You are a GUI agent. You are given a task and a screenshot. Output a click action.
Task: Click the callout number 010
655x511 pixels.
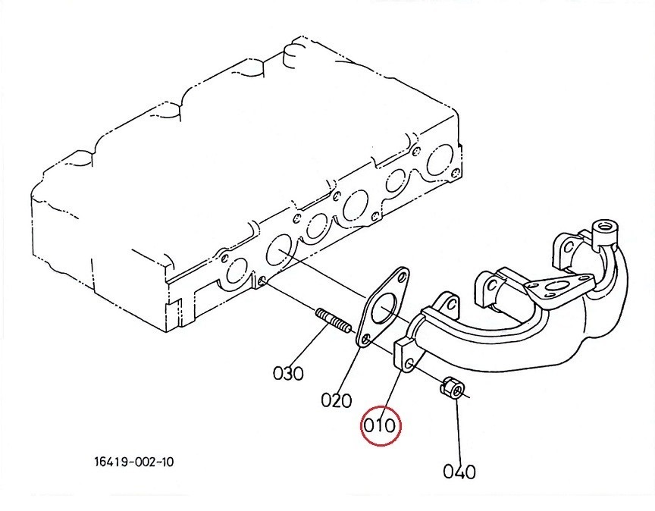click(380, 426)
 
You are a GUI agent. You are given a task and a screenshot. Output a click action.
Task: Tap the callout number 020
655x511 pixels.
click(337, 400)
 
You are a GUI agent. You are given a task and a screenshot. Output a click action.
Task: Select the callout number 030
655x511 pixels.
click(288, 373)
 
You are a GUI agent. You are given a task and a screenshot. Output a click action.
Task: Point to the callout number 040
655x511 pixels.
click(459, 472)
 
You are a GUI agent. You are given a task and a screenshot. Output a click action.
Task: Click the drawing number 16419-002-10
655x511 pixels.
click(134, 462)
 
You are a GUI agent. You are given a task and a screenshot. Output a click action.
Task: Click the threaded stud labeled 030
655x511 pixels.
click(334, 321)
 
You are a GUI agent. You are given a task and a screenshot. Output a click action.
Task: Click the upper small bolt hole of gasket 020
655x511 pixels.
click(403, 277)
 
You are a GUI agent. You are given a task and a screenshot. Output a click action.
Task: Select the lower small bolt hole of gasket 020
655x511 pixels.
click(366, 340)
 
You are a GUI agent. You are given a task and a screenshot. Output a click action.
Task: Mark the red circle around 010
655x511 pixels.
click(381, 426)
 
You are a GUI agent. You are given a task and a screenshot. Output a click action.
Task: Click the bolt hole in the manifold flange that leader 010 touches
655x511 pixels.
click(409, 362)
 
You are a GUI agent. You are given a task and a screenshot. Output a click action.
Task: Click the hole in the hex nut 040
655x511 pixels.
click(457, 390)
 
